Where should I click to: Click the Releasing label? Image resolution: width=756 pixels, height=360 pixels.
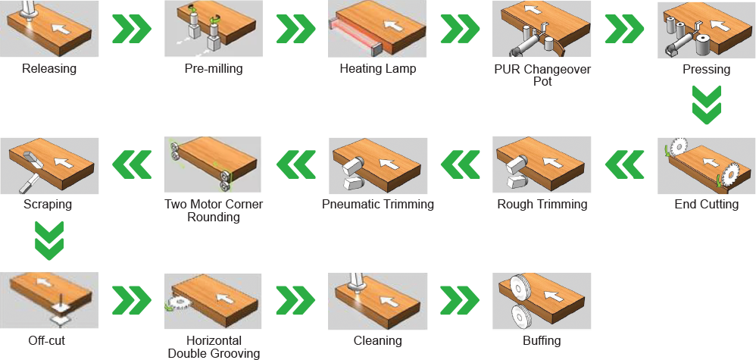49,68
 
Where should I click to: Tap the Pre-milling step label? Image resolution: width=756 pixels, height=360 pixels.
214,68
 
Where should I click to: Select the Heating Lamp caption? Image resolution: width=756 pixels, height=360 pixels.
378,68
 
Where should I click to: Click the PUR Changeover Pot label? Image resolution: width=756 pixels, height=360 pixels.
542,75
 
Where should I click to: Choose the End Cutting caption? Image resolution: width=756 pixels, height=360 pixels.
706,204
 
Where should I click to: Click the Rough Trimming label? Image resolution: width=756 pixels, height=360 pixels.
542,204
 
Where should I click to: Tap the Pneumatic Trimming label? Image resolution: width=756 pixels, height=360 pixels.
378,204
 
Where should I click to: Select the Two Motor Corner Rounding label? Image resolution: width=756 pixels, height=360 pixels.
214,211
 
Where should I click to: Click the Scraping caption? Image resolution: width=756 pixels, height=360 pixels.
48,204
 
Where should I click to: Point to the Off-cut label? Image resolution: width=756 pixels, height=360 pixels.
46,341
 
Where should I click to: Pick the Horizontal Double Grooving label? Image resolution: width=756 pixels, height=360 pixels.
214,347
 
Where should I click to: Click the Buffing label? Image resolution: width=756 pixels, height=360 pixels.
542,341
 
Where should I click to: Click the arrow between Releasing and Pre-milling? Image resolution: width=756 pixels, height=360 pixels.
132,29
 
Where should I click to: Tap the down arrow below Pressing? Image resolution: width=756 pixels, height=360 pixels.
707,105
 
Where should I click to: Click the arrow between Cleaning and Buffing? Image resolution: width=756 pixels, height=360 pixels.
460,300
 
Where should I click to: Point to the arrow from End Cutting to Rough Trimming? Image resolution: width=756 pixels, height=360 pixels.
624,164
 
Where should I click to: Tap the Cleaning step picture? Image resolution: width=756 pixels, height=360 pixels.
378,301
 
